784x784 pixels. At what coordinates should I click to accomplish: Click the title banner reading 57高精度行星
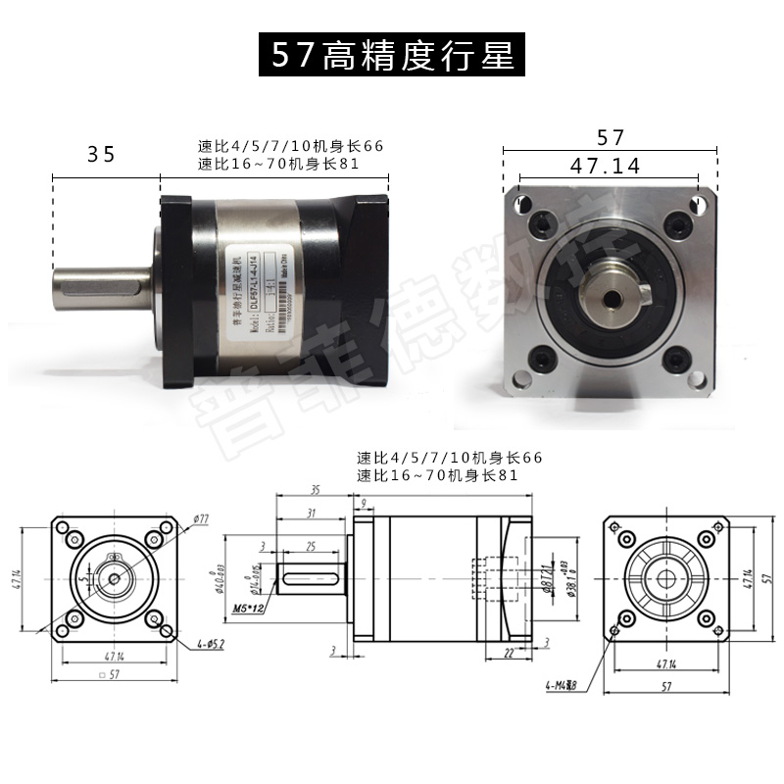(392, 56)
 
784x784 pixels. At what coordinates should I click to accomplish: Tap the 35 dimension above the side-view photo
(101, 154)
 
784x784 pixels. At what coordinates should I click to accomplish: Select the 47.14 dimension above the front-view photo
(605, 166)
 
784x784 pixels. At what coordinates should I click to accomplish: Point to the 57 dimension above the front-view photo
(609, 138)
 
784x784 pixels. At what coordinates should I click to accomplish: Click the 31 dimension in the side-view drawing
(310, 514)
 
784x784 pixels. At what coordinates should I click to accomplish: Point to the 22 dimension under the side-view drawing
(510, 653)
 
